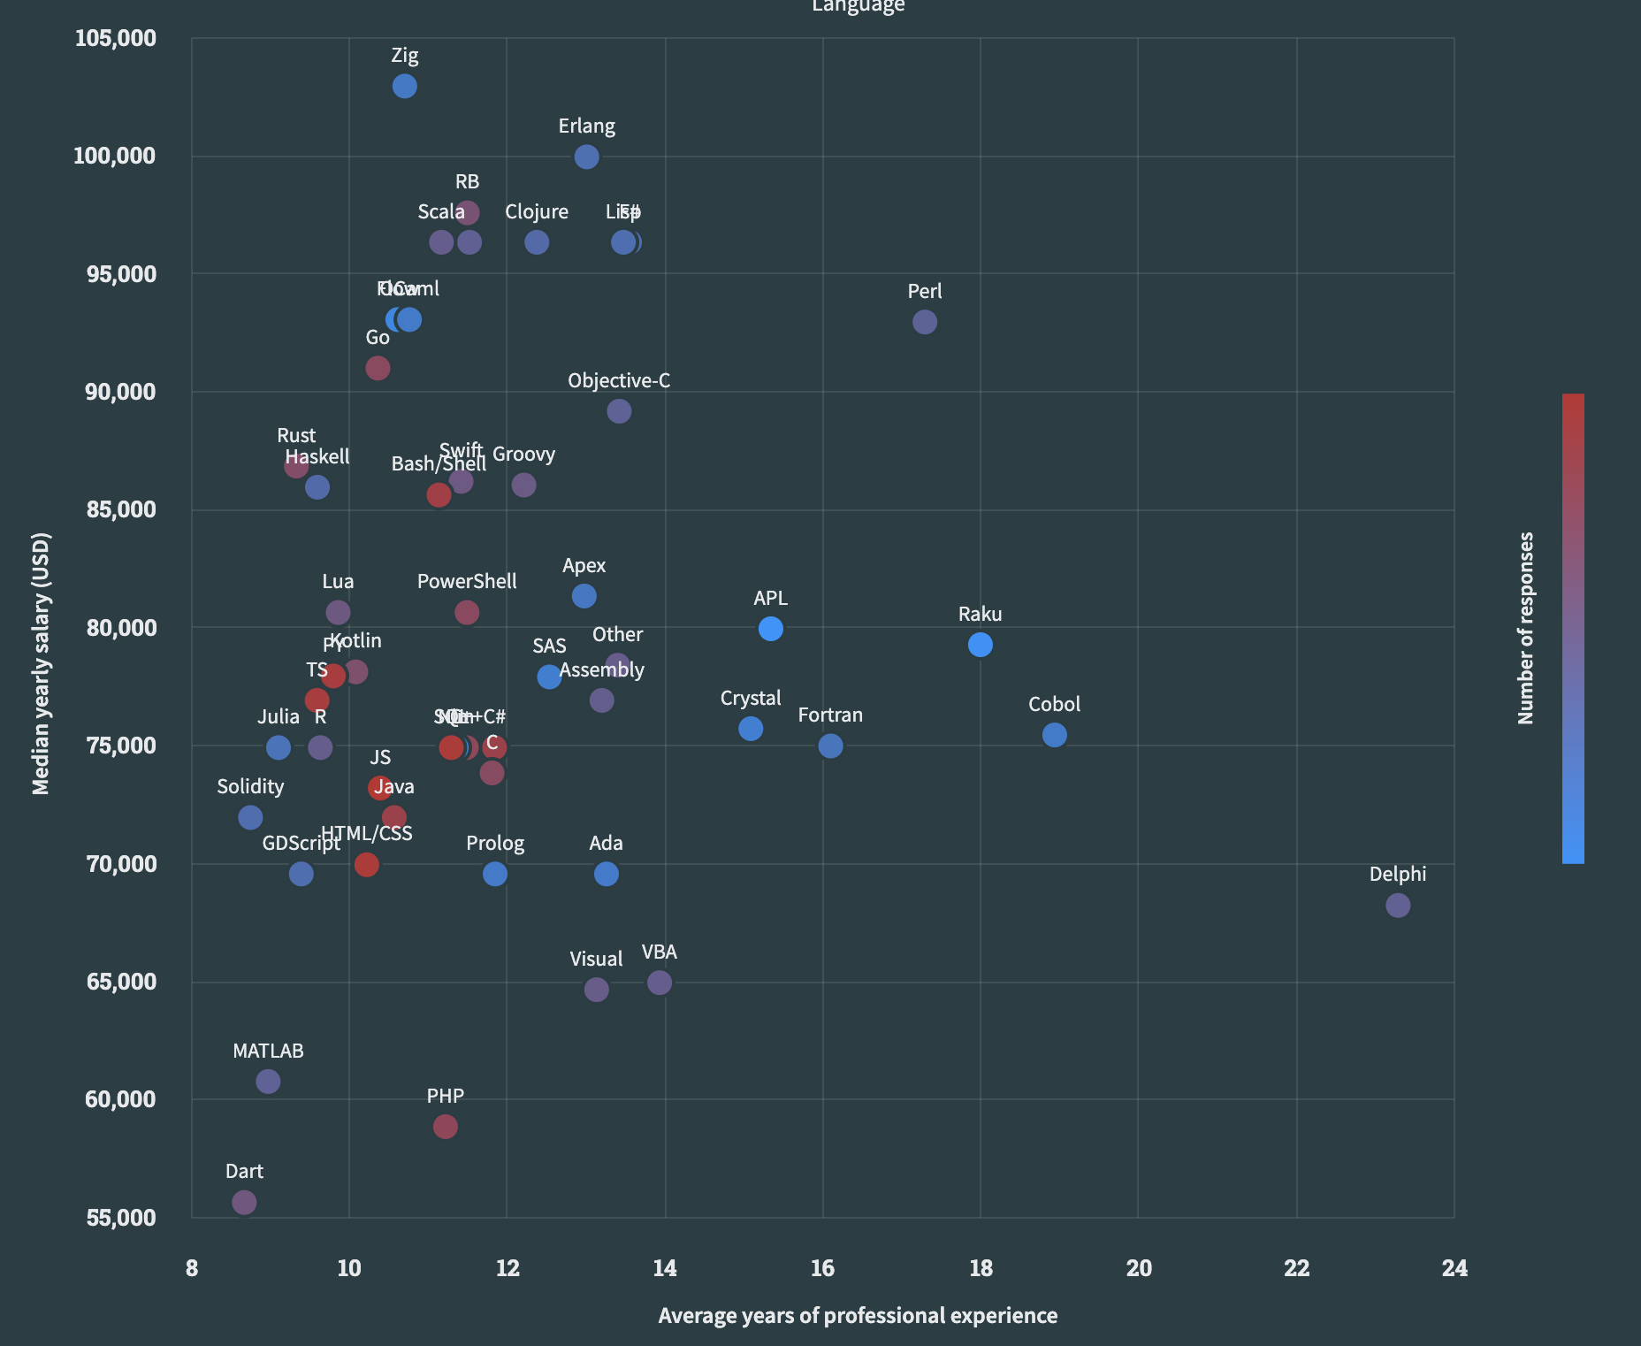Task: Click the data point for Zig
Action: point(404,86)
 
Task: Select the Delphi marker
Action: point(1397,905)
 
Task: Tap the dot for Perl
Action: point(924,322)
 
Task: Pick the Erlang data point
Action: point(586,157)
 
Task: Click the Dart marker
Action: point(244,1202)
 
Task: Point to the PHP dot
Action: point(445,1127)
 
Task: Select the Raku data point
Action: point(980,645)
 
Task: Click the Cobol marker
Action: point(1054,735)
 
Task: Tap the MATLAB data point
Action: point(268,1082)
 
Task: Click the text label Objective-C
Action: point(619,380)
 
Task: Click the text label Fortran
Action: point(829,715)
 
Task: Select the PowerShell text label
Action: point(467,581)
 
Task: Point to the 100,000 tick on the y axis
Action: point(114,156)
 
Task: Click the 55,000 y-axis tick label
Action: point(121,1217)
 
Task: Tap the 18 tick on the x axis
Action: point(981,1268)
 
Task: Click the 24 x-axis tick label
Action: point(1454,1268)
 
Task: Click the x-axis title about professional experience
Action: point(858,1315)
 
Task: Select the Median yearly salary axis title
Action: point(41,663)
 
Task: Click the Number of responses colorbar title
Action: point(1525,628)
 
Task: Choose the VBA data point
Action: point(659,983)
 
